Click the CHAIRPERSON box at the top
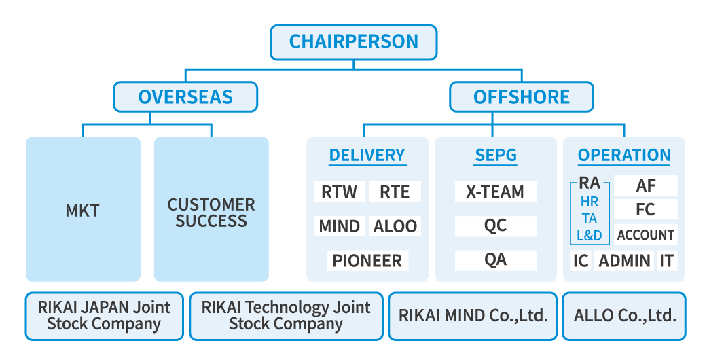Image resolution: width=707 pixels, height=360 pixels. click(353, 42)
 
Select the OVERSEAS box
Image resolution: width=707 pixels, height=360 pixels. click(185, 97)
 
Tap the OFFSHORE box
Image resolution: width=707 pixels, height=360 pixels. click(521, 97)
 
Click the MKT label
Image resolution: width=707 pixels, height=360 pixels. click(82, 211)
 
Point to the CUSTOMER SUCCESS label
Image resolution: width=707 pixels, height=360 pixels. click(211, 213)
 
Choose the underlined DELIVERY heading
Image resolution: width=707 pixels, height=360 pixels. click(367, 156)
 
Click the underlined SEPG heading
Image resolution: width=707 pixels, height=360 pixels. click(495, 156)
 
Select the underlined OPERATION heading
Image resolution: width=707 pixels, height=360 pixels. click(624, 156)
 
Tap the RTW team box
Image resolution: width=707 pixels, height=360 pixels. click(340, 192)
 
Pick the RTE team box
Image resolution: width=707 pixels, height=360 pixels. click(395, 192)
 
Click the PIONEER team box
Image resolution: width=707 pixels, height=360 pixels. click(367, 260)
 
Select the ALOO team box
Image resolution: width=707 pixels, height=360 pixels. click(395, 226)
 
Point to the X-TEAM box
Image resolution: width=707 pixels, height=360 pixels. click(495, 192)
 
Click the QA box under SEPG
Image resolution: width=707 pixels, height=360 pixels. click(495, 260)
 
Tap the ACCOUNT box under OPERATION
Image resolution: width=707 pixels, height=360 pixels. click(645, 235)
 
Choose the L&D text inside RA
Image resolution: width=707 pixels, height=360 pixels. click(589, 236)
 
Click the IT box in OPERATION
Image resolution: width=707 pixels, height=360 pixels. click(667, 260)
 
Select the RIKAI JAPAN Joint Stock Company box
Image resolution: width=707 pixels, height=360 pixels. click(104, 316)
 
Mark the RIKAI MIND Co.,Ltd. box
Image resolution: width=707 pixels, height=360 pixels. click(473, 316)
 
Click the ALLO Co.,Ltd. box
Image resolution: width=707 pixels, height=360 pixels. click(624, 316)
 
